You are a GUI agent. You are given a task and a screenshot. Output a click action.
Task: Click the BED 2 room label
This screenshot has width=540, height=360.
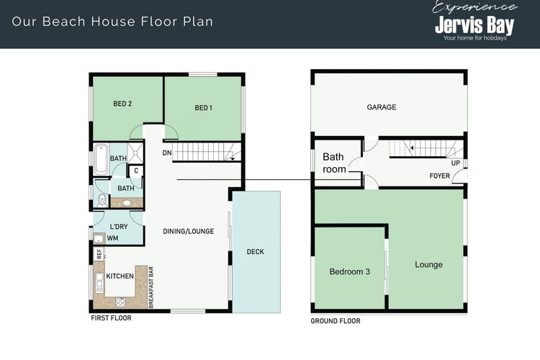(122, 104)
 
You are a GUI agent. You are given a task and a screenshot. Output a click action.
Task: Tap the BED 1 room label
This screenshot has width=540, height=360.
(204, 108)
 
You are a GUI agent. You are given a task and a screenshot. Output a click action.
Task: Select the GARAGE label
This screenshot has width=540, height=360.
(382, 107)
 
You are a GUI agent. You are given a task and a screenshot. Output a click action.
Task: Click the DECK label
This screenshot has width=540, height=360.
(255, 252)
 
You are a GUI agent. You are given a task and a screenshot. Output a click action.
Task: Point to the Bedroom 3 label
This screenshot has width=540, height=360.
(349, 271)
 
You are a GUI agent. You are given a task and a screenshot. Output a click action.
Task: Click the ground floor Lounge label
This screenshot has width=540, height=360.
(428, 264)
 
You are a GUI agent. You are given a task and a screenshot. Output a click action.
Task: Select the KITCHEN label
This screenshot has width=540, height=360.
(120, 276)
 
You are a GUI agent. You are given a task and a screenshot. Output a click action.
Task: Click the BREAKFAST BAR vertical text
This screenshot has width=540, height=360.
(151, 288)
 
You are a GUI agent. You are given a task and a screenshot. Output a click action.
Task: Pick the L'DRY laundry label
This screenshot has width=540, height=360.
(118, 226)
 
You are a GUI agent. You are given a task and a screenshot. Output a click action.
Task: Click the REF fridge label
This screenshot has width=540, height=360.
(99, 254)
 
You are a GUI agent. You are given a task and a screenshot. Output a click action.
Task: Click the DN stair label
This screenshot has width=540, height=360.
(167, 153)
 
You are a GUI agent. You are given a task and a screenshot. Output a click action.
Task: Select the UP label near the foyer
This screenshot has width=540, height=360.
(455, 163)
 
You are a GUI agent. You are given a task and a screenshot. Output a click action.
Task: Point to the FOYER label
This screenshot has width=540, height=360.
(440, 175)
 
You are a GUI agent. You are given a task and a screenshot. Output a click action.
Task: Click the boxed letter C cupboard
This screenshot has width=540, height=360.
(135, 171)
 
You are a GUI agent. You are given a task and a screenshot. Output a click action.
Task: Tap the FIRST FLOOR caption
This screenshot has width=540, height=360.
(111, 318)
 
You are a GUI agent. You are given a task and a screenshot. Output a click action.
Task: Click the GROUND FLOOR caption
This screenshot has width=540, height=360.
(336, 320)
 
